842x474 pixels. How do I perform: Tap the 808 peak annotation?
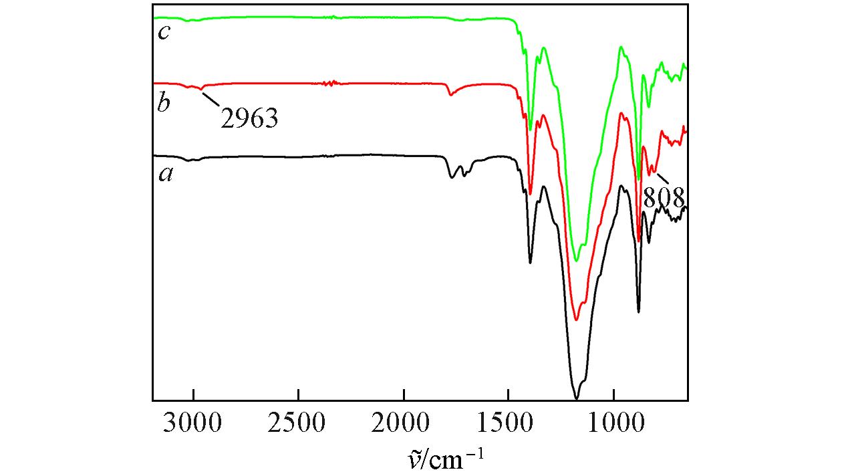click(x=664, y=198)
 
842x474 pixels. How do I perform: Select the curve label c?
click(x=163, y=31)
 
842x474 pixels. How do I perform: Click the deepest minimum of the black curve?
click(x=576, y=398)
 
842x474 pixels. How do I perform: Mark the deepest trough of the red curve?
click(x=576, y=320)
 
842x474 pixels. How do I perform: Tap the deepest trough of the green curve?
click(x=576, y=261)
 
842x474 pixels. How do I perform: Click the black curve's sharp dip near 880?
click(x=639, y=312)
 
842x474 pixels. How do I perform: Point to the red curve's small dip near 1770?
click(x=450, y=95)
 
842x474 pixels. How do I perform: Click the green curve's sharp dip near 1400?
click(x=531, y=130)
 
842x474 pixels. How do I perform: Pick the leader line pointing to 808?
click(x=661, y=179)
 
